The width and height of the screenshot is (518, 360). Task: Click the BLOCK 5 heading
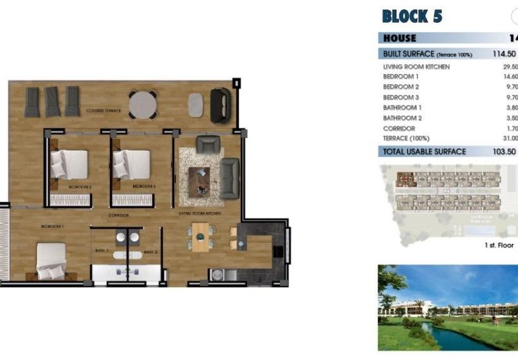pos(412,16)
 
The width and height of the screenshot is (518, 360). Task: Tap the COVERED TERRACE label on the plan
pos(104,110)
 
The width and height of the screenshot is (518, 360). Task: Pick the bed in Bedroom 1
pos(51,260)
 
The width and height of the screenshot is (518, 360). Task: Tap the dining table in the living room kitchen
pos(200,236)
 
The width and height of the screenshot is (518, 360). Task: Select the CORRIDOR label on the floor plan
pos(119,215)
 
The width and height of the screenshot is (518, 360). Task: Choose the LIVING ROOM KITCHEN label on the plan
pos(200,213)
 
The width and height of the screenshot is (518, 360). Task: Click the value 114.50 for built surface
pos(504,54)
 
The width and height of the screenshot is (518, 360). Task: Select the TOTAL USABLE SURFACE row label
pos(424,151)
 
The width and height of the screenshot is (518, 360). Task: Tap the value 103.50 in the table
pos(504,151)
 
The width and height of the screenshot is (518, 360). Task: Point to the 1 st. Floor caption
pos(498,246)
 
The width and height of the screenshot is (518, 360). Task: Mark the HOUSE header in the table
pos(400,38)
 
